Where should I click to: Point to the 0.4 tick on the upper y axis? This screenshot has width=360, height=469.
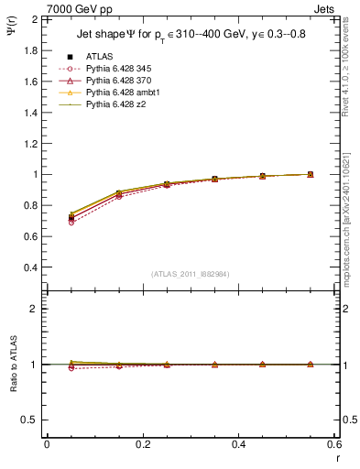31,267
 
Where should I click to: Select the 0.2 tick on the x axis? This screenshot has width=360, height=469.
142,444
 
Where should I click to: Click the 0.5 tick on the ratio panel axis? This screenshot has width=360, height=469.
31,420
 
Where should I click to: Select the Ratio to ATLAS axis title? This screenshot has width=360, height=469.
12,364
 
